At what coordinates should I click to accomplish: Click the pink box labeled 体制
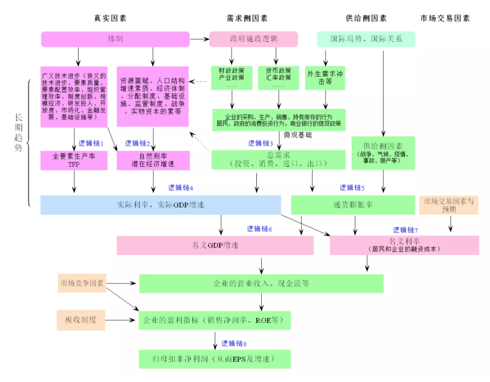point(115,39)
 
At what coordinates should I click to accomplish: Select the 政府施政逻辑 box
point(253,39)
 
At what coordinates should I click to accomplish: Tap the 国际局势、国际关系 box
point(366,39)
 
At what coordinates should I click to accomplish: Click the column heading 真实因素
point(110,18)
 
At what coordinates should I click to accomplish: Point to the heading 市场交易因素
point(445,18)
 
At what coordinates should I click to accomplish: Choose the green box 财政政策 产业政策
point(231,77)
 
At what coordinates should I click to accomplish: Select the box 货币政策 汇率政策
point(279,77)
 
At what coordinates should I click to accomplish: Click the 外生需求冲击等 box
point(325,77)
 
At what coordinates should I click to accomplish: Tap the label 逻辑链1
point(91,143)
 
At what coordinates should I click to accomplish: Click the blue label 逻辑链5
point(352,188)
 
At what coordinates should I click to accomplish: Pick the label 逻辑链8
point(234,344)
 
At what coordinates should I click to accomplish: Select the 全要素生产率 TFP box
point(74,160)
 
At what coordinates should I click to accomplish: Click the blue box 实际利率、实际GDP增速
point(160,205)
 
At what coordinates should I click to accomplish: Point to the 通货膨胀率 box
point(353,205)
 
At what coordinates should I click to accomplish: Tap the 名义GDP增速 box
point(215,245)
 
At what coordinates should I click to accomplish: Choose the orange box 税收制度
point(81,320)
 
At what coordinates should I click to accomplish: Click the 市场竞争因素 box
point(82,283)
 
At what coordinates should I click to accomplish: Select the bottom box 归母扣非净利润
point(214,359)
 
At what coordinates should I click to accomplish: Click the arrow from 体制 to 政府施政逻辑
point(199,39)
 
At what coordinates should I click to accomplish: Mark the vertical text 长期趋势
point(18,133)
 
